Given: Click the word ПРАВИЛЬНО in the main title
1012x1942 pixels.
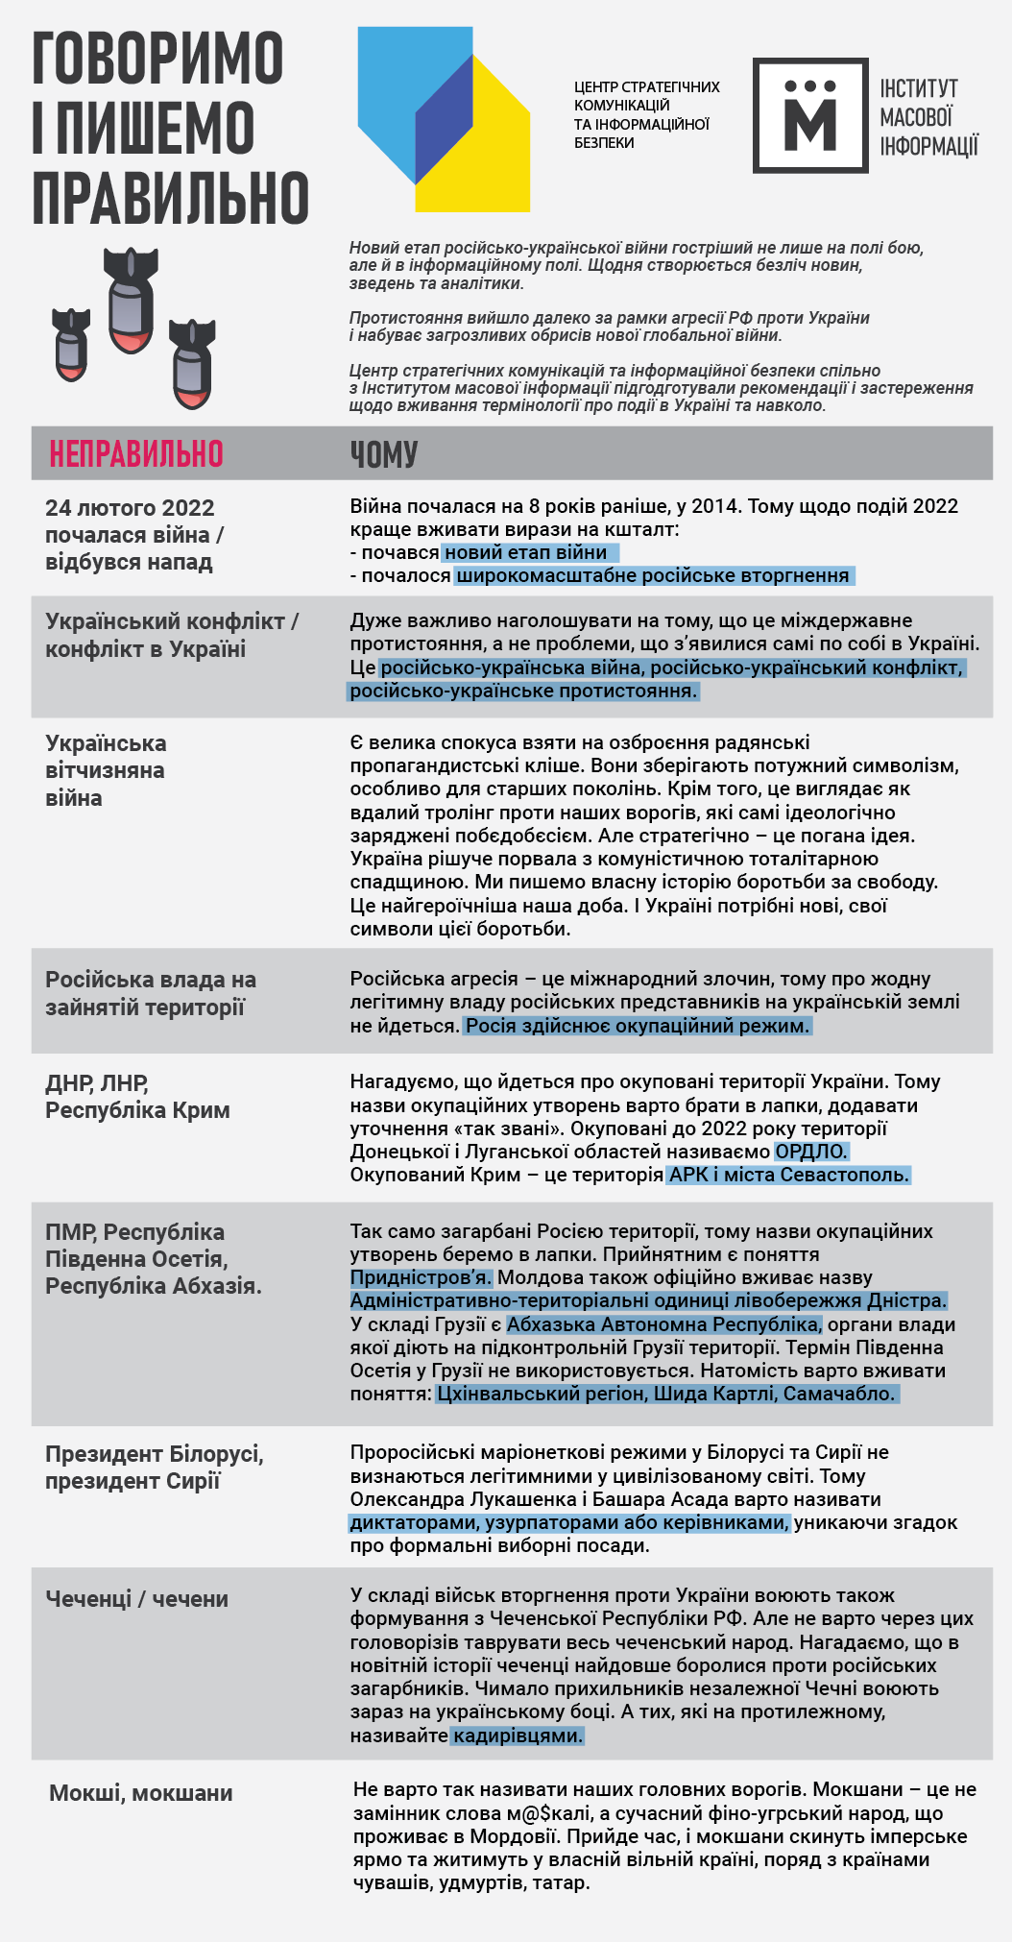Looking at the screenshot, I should pyautogui.click(x=170, y=198).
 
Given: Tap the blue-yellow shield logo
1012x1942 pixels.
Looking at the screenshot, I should pyautogui.click(x=444, y=119).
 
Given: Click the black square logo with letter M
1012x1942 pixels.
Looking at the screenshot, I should pyautogui.click(x=810, y=115).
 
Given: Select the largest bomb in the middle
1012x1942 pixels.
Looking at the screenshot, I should pyautogui.click(x=131, y=300).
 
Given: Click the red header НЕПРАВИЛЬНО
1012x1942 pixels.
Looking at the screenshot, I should pyautogui.click(x=135, y=453).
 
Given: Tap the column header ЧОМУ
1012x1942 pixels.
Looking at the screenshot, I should pyautogui.click(x=383, y=454).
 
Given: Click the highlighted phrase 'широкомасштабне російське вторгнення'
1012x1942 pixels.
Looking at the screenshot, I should pyautogui.click(x=653, y=575).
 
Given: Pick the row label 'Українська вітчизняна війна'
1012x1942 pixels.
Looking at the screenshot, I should pyautogui.click(x=106, y=770).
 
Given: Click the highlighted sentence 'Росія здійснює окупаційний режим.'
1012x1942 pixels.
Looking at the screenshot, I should pyautogui.click(x=638, y=1026).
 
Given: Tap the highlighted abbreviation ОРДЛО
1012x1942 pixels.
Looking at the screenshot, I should pyautogui.click(x=811, y=1152).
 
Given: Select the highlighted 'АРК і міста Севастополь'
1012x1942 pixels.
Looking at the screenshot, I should pyautogui.click(x=788, y=1175).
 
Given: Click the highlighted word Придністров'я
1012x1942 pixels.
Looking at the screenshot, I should pyautogui.click(x=421, y=1277).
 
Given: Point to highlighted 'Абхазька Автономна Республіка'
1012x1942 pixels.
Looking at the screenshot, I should pyautogui.click(x=663, y=1324).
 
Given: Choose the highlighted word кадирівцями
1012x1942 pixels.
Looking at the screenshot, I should pyautogui.click(x=518, y=1736).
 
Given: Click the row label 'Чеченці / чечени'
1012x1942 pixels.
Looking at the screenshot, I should pyautogui.click(x=136, y=1599).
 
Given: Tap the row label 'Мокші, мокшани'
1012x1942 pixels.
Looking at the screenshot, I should pyautogui.click(x=141, y=1793).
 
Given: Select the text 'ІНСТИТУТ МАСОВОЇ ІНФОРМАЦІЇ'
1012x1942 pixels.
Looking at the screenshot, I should pyautogui.click(x=928, y=117).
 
